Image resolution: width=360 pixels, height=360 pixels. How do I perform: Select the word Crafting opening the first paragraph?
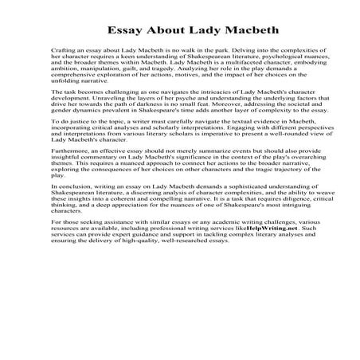pos(65,52)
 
